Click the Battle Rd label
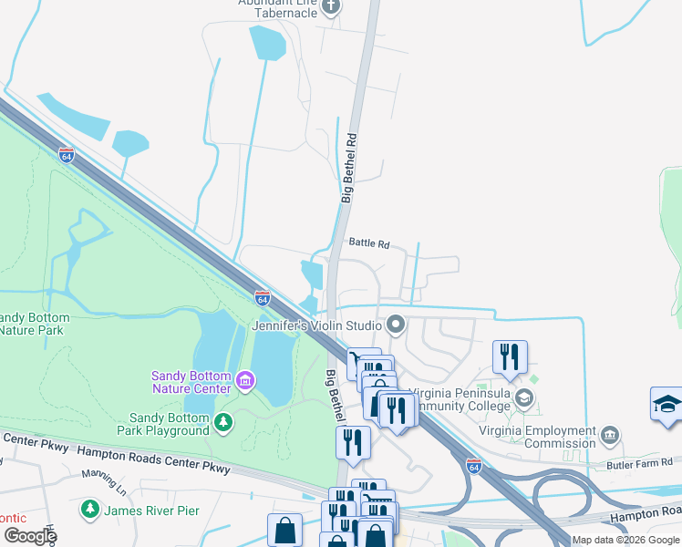pyautogui.click(x=369, y=244)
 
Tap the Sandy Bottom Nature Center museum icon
pyautogui.click(x=244, y=379)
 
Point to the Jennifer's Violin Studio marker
pyautogui.click(x=396, y=324)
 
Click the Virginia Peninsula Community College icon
pyautogui.click(x=524, y=397)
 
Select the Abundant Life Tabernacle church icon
pyautogui.click(x=331, y=7)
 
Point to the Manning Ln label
pyautogui.click(x=101, y=474)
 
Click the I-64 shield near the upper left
pyautogui.click(x=66, y=155)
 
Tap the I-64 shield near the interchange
pyautogui.click(x=473, y=465)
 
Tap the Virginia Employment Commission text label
pyautogui.click(x=538, y=438)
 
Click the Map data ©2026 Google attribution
pyautogui.click(x=625, y=540)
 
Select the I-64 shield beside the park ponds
pyautogui.click(x=263, y=297)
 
